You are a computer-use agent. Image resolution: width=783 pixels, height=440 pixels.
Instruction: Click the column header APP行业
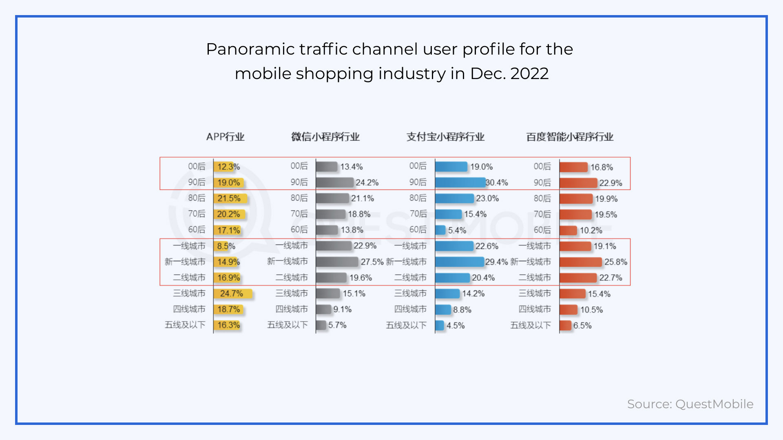pos(225,137)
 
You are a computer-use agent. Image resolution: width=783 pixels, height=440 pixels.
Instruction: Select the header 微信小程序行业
pos(325,137)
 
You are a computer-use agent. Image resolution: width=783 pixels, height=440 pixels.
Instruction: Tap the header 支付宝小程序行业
pos(445,137)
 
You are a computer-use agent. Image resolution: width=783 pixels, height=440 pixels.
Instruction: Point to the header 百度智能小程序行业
pos(570,137)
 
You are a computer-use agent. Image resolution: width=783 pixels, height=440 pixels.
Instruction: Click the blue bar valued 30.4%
pos(460,183)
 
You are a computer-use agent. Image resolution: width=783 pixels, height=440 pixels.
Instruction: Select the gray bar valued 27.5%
pos(337,262)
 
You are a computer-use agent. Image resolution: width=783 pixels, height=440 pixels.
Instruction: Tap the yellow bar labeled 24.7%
pos(233,293)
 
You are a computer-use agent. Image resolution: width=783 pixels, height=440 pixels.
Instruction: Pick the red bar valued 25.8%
pos(580,262)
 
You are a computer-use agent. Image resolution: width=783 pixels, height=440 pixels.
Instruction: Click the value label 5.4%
pos(457,230)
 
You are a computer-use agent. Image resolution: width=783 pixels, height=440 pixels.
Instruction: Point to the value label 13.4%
pos(351,167)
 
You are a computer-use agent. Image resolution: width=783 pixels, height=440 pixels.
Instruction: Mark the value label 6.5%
pos(582,326)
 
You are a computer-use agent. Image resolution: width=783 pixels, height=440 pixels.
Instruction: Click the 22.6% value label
pos(487,246)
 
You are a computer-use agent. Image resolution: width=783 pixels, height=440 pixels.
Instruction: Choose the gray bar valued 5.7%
pos(321,325)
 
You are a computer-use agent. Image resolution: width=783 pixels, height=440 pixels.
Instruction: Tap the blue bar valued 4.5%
pos(440,326)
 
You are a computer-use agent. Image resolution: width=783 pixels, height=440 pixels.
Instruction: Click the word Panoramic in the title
pos(250,49)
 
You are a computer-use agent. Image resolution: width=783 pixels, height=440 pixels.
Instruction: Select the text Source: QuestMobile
pos(690,404)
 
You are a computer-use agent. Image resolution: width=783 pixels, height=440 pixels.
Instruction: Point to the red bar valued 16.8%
pos(573,167)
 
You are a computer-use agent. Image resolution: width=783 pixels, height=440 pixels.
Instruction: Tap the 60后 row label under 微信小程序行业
pos(299,230)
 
